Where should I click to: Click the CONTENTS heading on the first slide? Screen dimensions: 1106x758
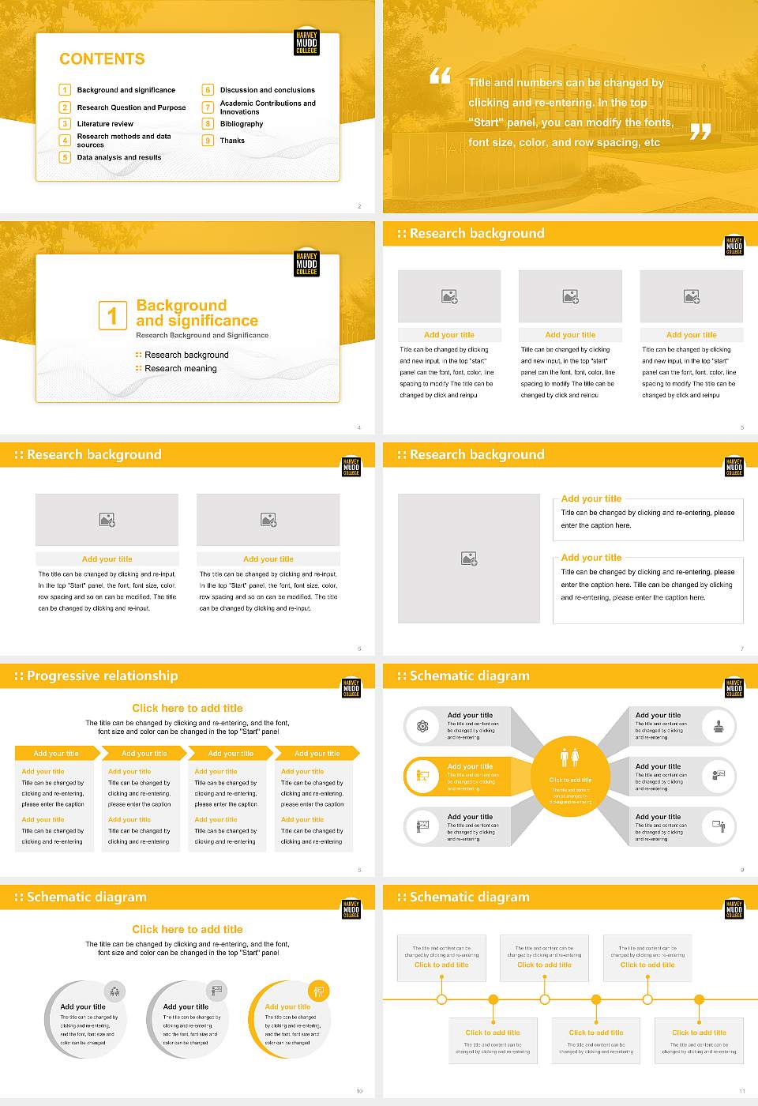point(102,59)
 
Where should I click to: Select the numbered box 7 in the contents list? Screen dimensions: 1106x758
point(208,107)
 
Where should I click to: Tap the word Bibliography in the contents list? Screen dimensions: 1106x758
point(241,124)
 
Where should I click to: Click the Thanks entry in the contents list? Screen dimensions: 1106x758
point(232,141)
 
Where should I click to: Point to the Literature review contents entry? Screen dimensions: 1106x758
point(105,124)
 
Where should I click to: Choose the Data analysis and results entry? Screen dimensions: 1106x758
point(118,157)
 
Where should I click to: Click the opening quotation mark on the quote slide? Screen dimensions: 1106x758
point(440,76)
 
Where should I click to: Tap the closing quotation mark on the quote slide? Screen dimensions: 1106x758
point(700,132)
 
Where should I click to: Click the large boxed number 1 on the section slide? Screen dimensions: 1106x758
point(112,315)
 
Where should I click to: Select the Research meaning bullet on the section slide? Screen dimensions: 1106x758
point(180,368)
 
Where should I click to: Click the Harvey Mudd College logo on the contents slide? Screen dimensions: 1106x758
point(306,43)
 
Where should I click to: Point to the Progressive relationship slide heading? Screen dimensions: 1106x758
point(102,675)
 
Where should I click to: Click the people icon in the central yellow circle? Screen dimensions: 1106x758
point(569,758)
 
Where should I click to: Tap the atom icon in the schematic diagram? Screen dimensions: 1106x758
point(422,726)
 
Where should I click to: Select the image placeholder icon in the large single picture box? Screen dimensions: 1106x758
point(469,559)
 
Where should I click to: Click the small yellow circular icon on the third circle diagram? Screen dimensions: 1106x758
point(318,991)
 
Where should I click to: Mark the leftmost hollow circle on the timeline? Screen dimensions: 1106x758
point(441,999)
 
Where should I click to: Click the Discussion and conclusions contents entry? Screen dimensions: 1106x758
point(267,90)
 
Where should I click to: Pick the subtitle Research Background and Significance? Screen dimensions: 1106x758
point(202,335)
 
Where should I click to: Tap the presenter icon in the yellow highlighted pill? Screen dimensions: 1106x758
point(422,776)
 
